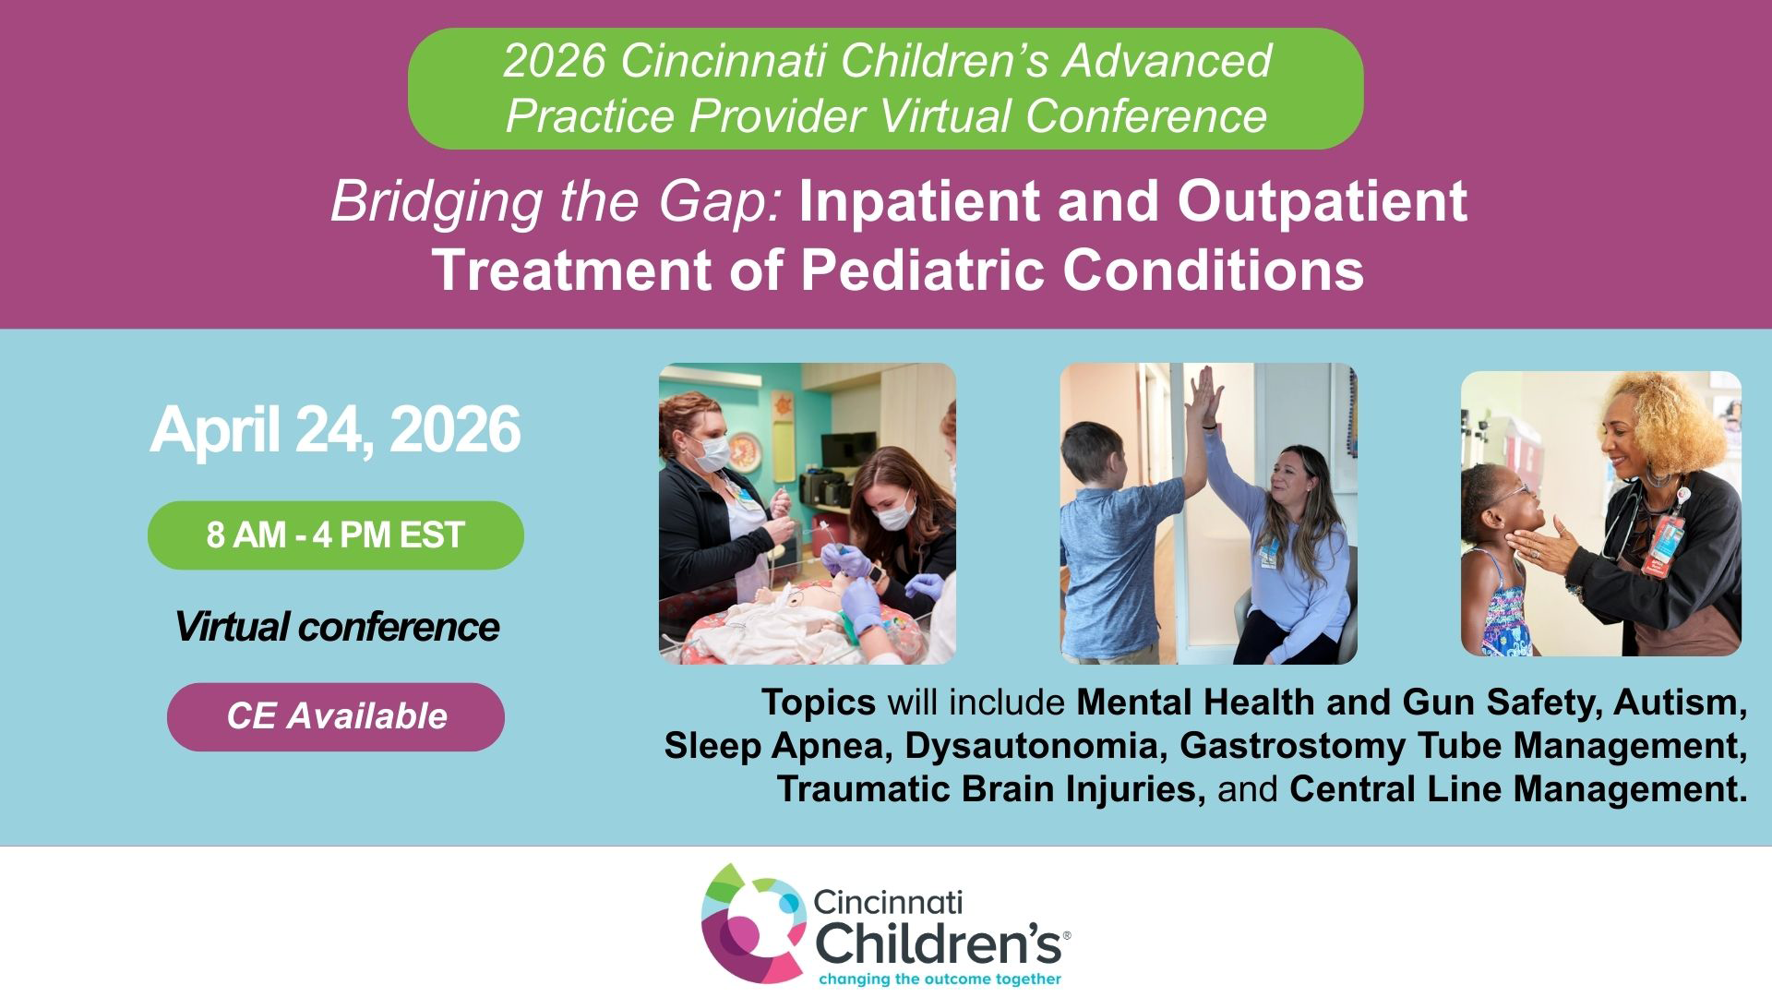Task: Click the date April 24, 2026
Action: pyautogui.click(x=335, y=429)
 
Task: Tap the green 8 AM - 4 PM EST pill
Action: pyautogui.click(x=336, y=535)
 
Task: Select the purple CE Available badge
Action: pyautogui.click(x=336, y=716)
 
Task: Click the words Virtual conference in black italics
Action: pyautogui.click(x=337, y=627)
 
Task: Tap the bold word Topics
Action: pyautogui.click(x=819, y=703)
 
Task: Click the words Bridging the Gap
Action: pyautogui.click(x=557, y=202)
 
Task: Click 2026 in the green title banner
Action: pyautogui.click(x=555, y=61)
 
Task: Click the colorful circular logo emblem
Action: pyautogui.click(x=753, y=924)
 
